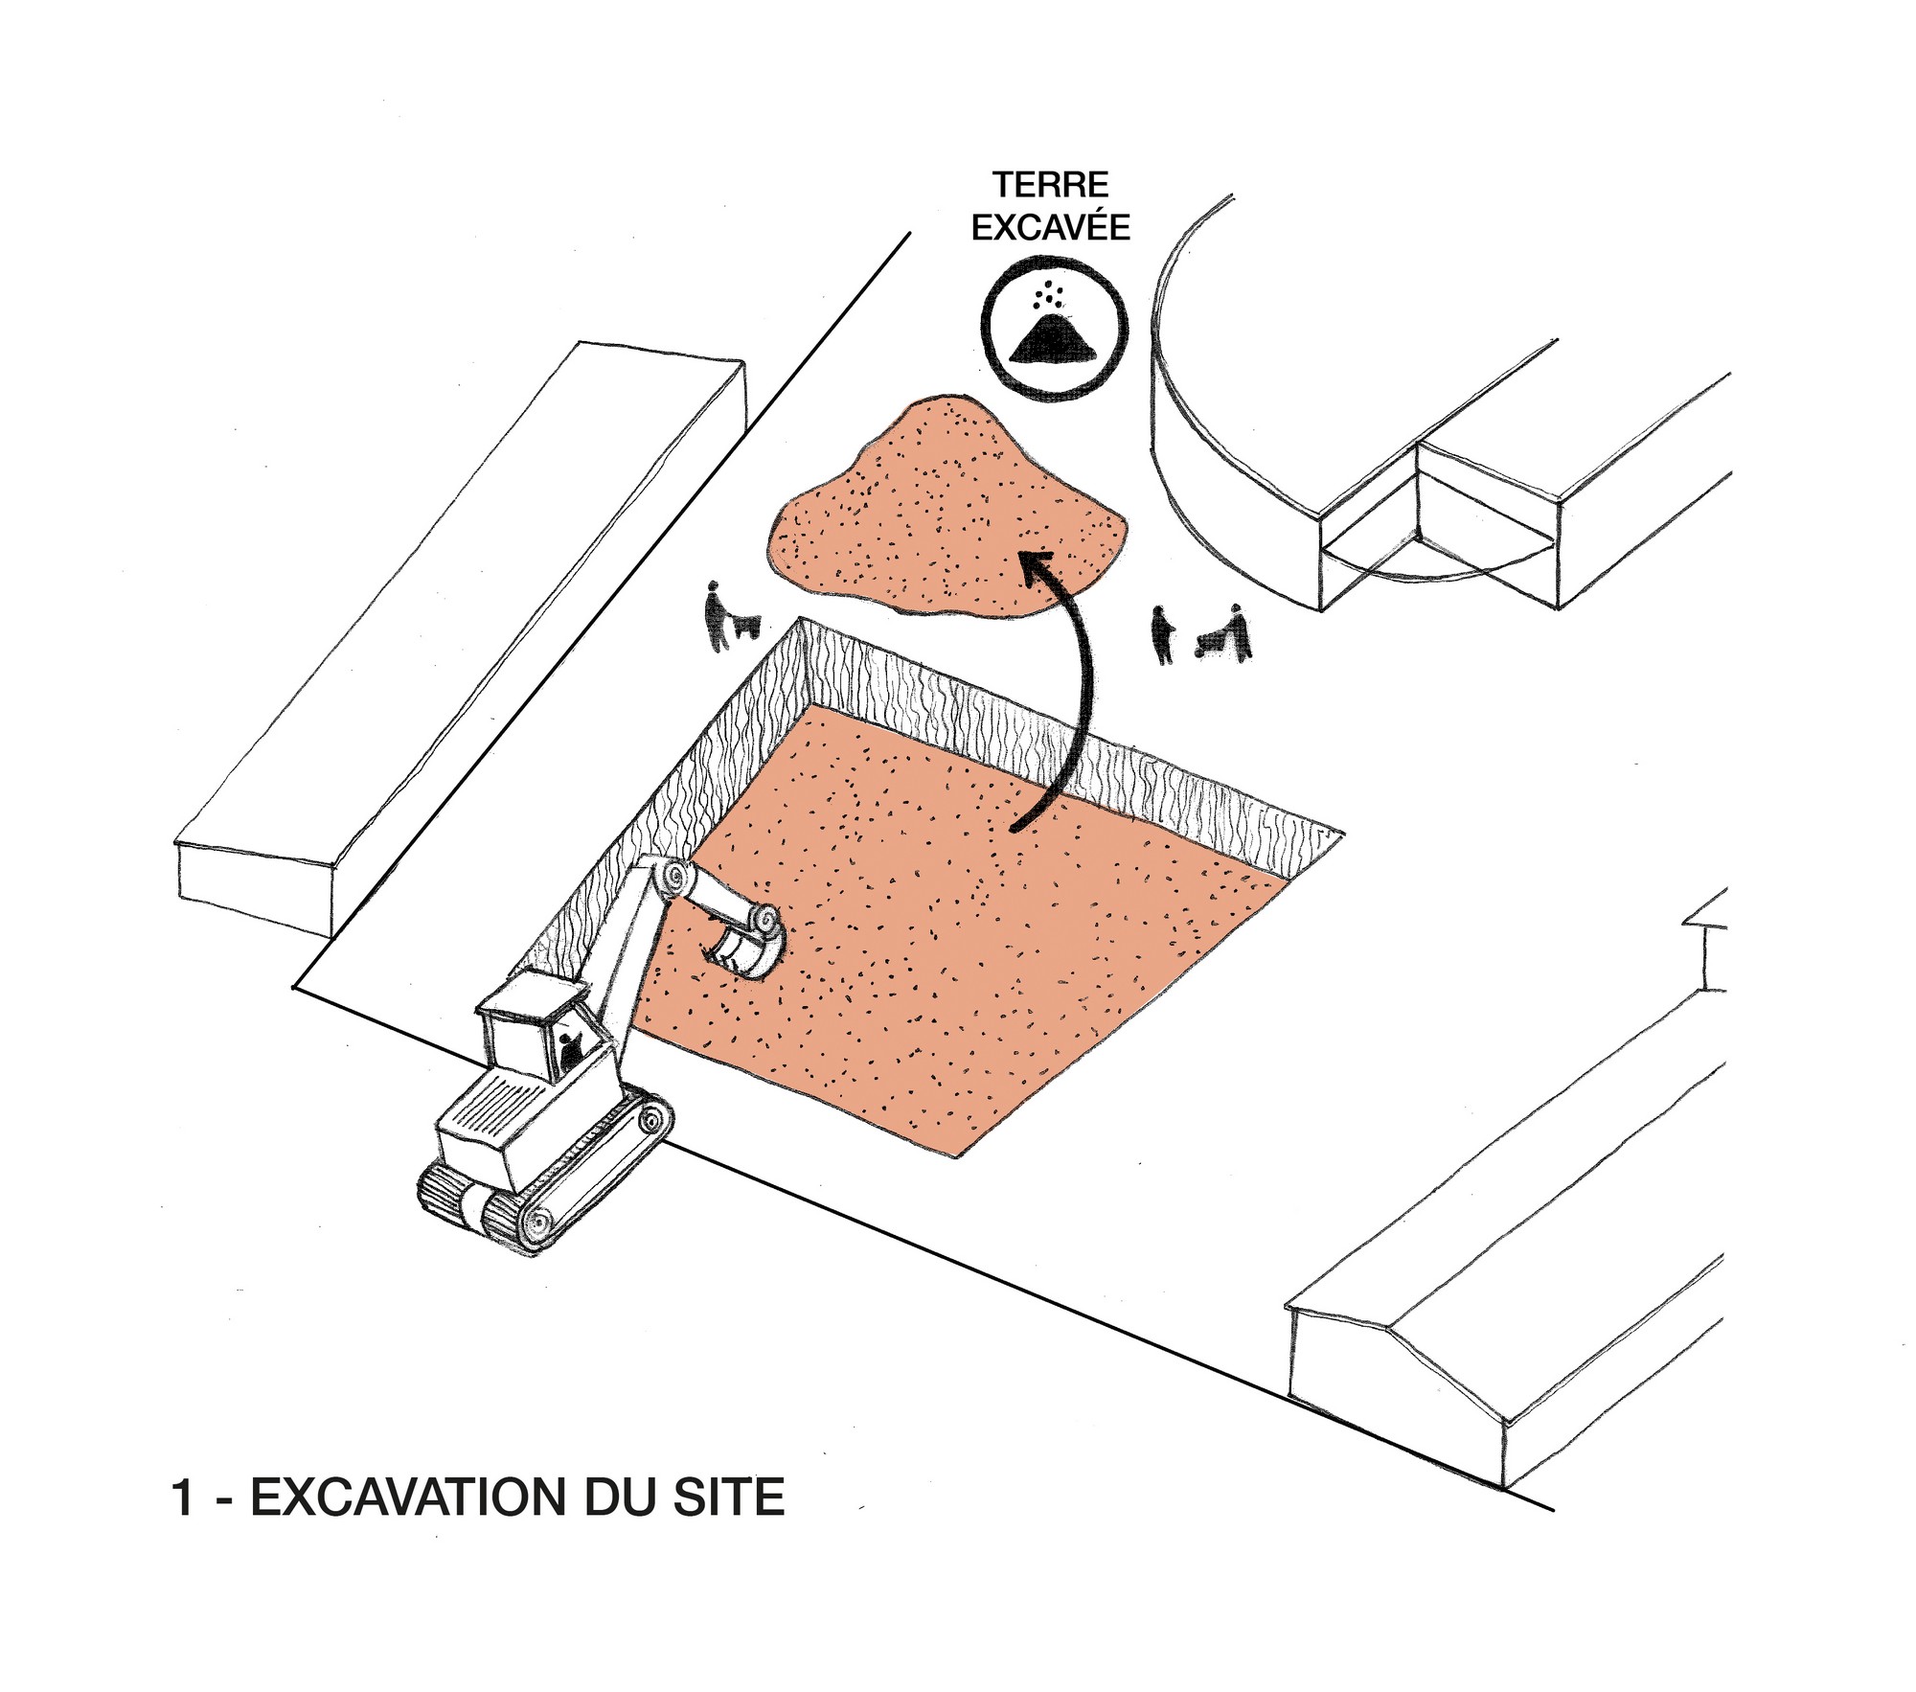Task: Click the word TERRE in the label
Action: (1050, 184)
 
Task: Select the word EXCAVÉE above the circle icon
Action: (1050, 227)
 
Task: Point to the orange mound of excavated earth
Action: (948, 508)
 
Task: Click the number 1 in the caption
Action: (183, 1498)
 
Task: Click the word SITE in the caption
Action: (729, 1498)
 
